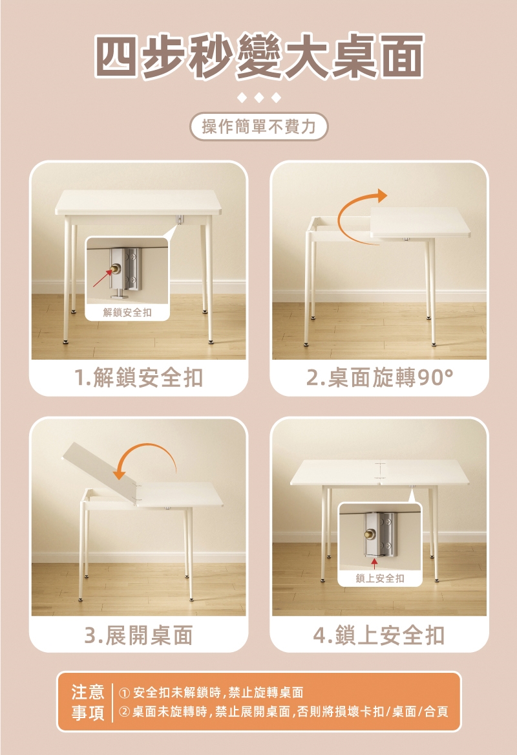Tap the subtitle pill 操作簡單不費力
258,127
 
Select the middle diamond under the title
258,98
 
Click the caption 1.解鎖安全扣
138,377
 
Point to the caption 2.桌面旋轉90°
379,377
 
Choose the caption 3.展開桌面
138,635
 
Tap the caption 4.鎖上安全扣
379,635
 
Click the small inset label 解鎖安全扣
127,312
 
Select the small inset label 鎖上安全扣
380,578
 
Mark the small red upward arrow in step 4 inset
374,562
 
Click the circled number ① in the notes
124,693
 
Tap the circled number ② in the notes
124,712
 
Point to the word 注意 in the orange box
87,692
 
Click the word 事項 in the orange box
87,713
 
